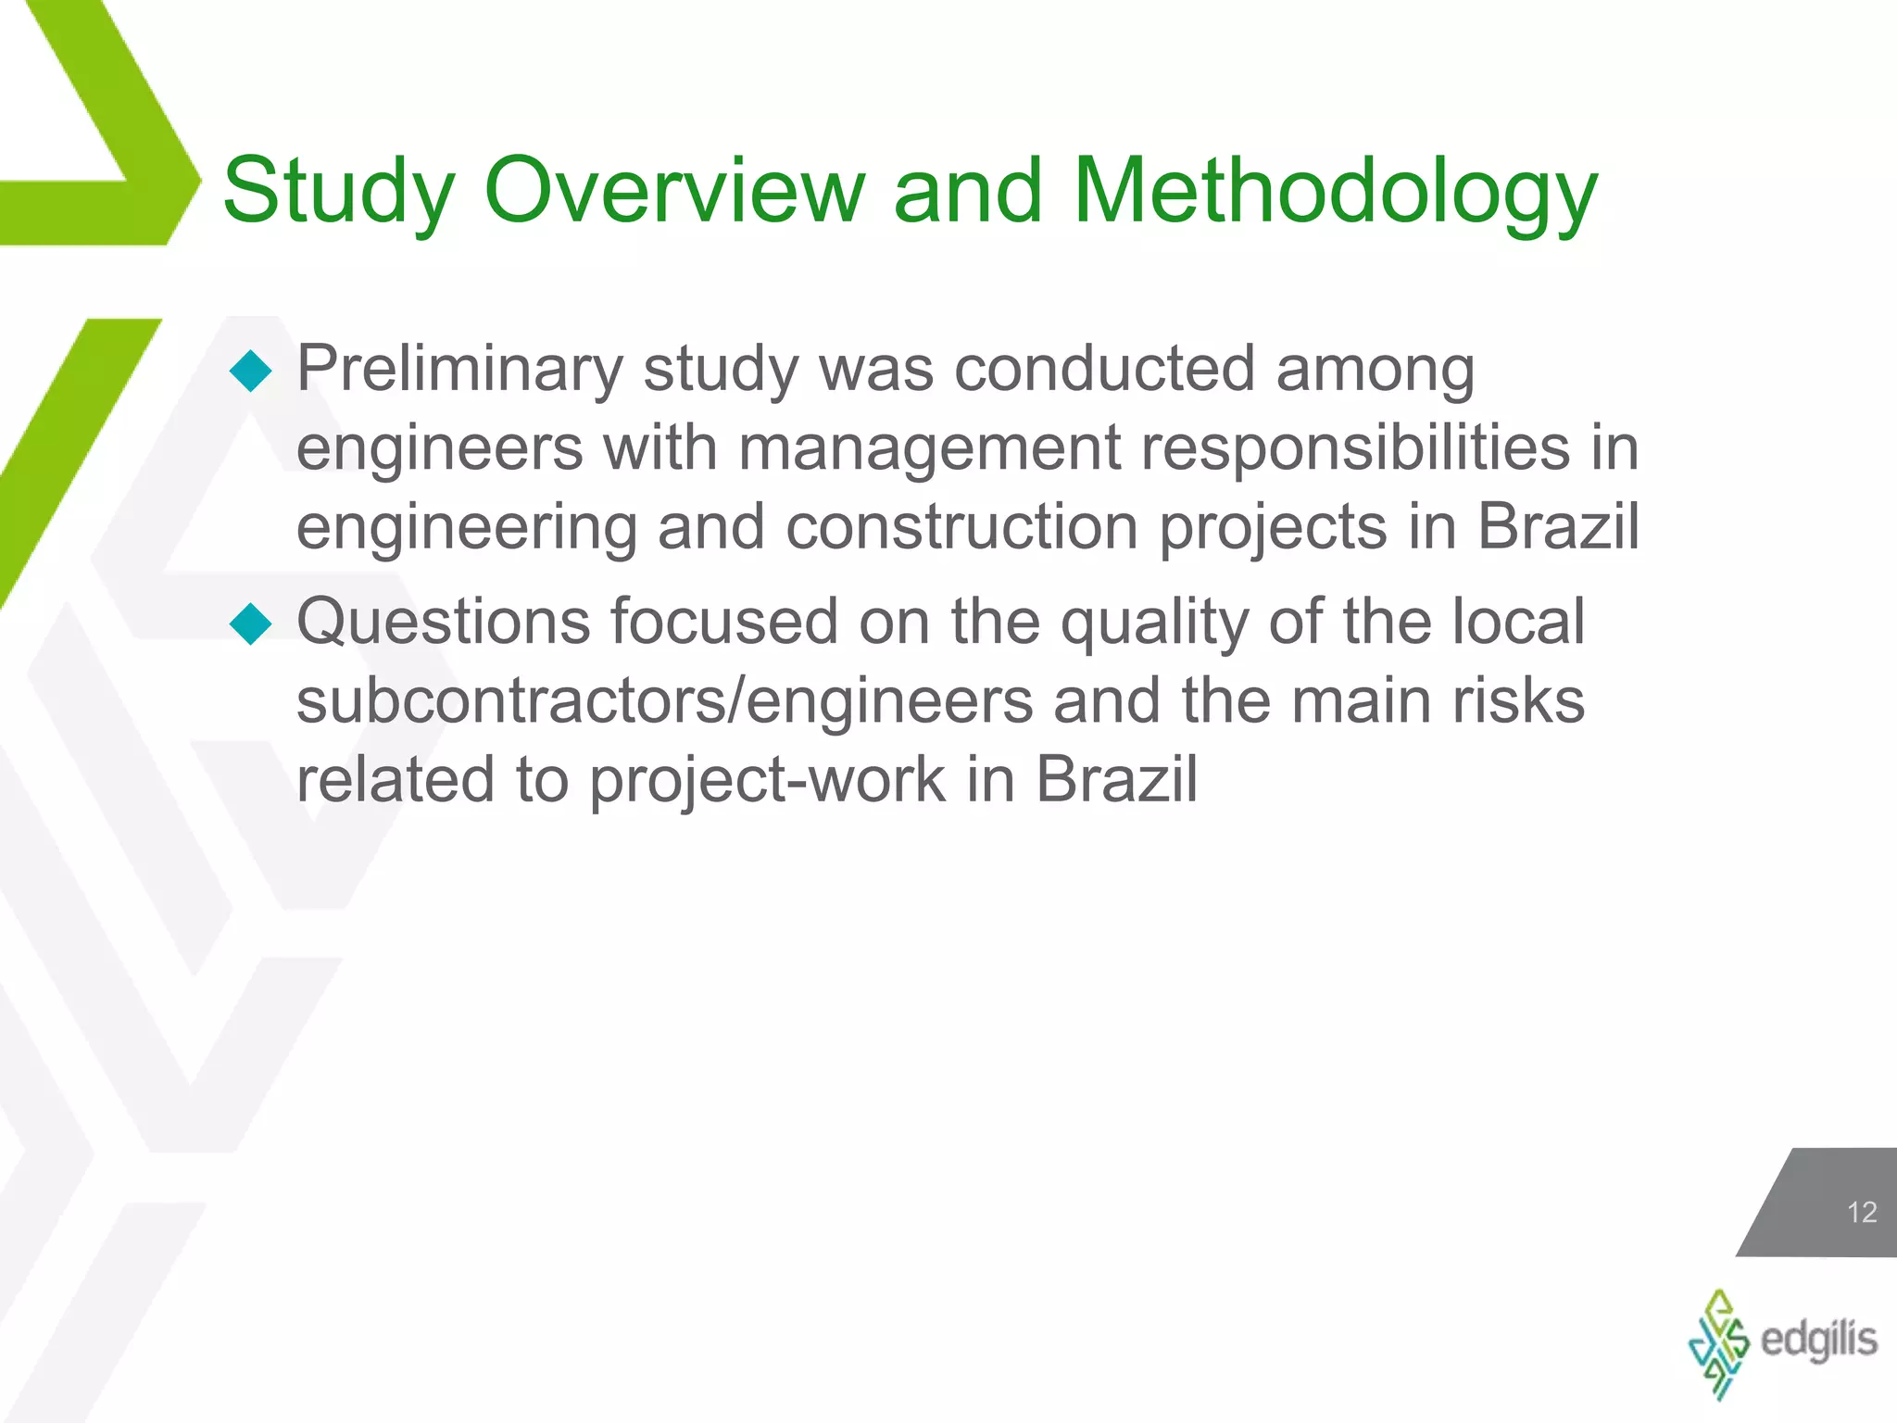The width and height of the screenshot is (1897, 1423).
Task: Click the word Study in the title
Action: click(338, 192)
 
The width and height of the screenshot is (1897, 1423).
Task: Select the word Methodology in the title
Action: click(1335, 192)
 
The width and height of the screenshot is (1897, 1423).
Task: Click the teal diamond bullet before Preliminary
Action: click(250, 371)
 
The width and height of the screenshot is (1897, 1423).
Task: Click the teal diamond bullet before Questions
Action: click(250, 623)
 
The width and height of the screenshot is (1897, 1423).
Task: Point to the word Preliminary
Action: click(459, 370)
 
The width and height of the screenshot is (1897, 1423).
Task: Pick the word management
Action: click(929, 448)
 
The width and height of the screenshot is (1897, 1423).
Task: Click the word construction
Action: click(961, 528)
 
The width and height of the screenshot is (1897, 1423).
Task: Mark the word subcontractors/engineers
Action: click(664, 700)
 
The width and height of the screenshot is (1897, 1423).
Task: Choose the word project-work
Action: click(768, 780)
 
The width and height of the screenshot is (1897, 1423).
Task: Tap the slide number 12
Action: click(1861, 1212)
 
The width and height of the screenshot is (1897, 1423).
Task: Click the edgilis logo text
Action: click(1818, 1340)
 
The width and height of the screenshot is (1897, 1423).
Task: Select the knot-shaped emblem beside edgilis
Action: click(1718, 1343)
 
